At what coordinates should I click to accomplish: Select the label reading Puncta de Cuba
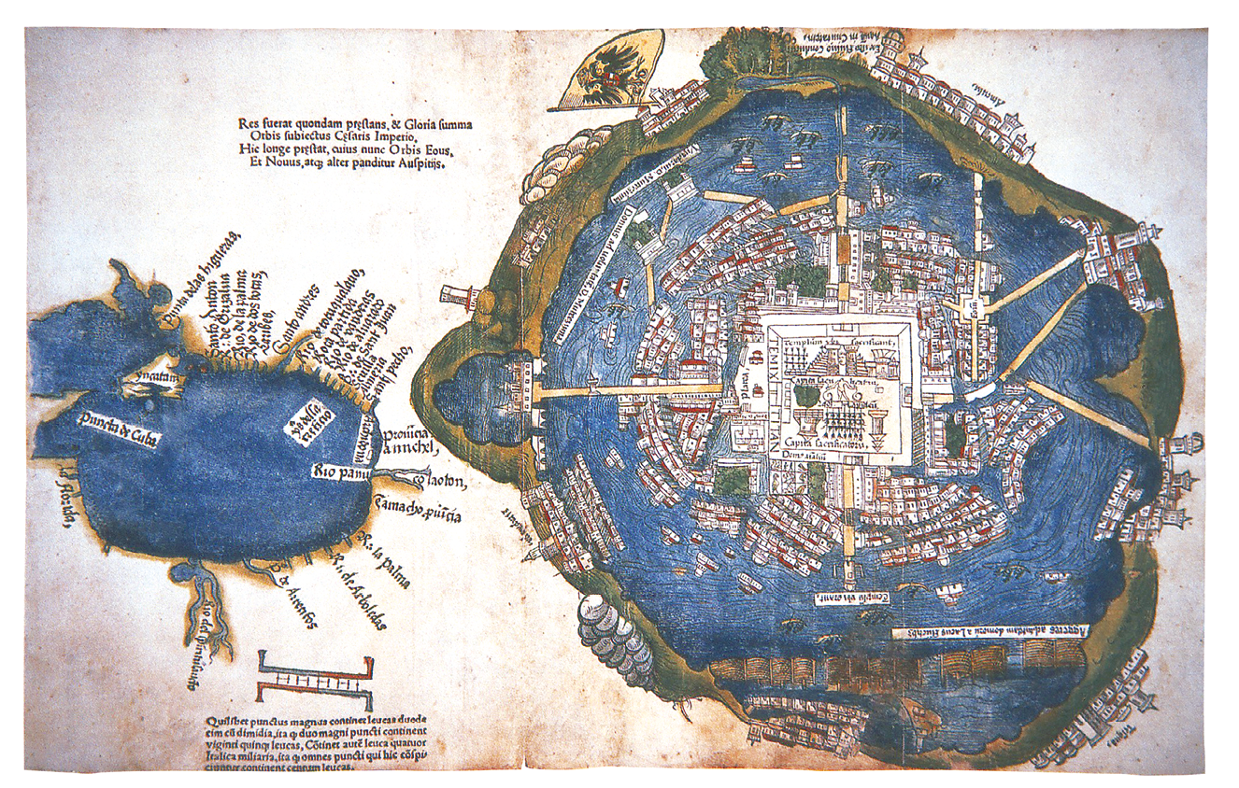(117, 430)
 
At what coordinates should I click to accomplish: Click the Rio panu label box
(339, 469)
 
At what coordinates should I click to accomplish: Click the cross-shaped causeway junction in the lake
(975, 305)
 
